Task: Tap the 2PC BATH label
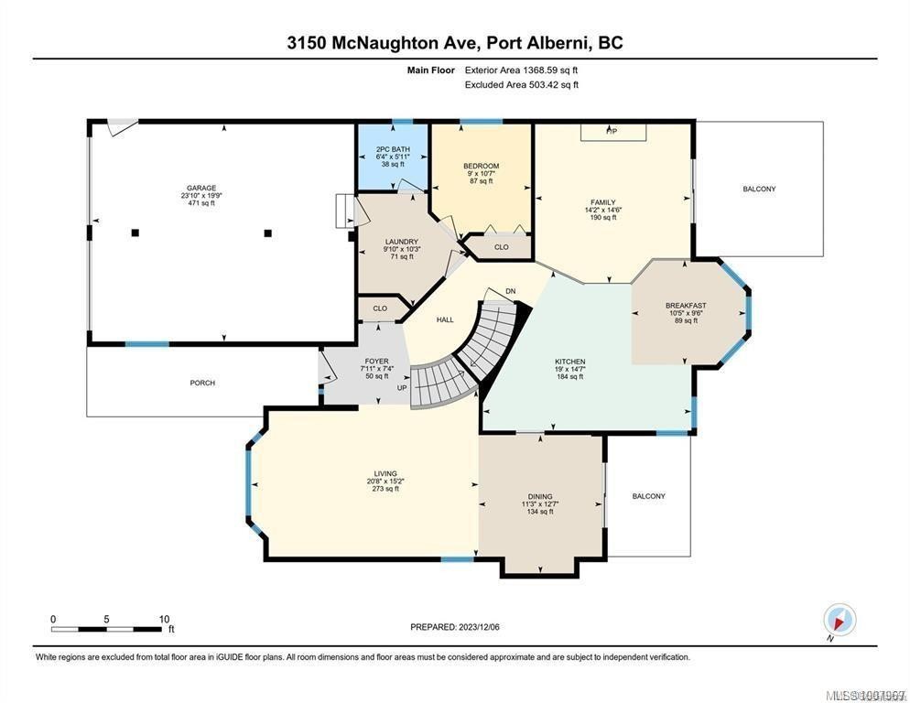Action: click(393, 149)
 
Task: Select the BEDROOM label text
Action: click(481, 166)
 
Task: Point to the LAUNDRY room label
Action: click(400, 242)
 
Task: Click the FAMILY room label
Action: click(602, 202)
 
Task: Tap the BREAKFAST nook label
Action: click(686, 306)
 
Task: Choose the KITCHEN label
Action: click(569, 362)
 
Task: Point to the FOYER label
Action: click(377, 361)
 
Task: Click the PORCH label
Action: click(202, 383)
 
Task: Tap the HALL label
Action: click(445, 319)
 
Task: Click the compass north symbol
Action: click(839, 620)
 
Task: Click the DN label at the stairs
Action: click(511, 291)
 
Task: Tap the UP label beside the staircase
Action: click(401, 387)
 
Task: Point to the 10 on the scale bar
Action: click(164, 619)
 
